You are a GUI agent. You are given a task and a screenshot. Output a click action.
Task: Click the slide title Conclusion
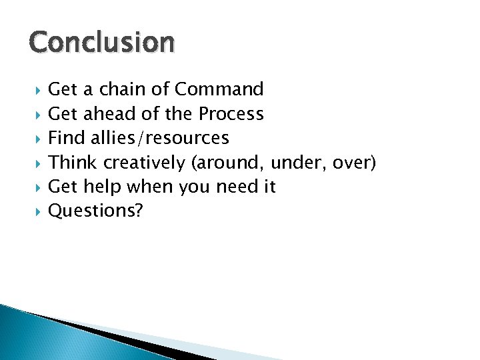(x=102, y=43)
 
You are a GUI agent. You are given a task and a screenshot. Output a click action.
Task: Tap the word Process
(x=231, y=114)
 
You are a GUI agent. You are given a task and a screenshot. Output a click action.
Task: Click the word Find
(x=65, y=138)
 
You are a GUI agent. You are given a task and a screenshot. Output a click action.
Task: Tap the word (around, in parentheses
(x=227, y=163)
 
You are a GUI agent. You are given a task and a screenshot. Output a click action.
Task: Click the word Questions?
(x=96, y=211)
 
